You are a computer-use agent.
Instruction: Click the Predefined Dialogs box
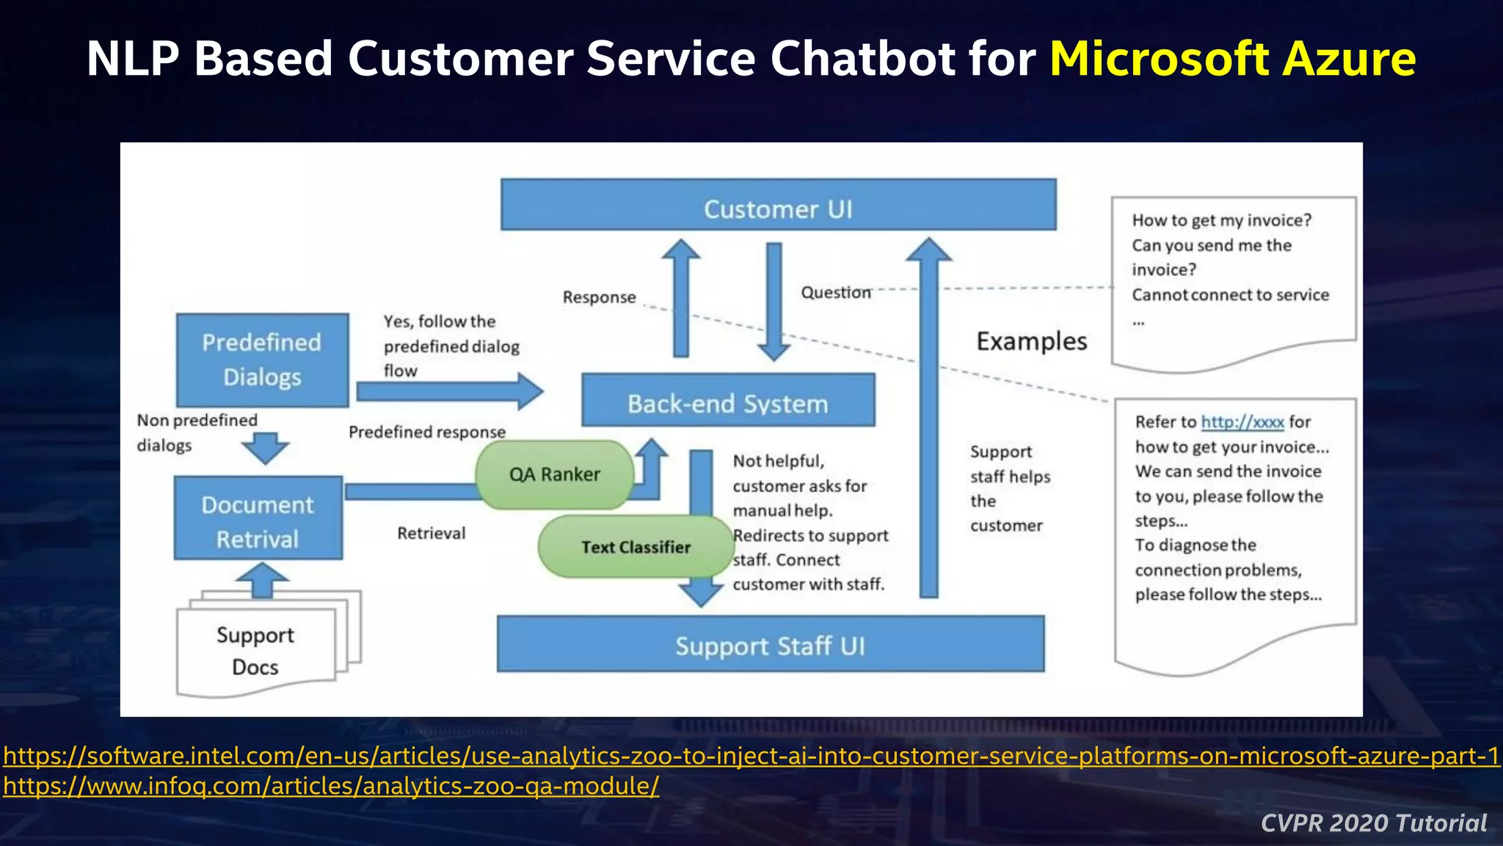pos(262,360)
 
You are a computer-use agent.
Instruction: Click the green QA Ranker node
pos(554,474)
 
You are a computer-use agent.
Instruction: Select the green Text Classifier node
pos(636,547)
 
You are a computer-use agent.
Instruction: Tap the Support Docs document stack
pos(255,651)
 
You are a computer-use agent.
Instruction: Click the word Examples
pos(1031,341)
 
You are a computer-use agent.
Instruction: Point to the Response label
pos(599,297)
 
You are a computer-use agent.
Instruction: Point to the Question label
pos(835,292)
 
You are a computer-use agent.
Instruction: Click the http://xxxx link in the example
pos(1242,422)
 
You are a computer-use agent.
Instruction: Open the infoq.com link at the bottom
pos(331,787)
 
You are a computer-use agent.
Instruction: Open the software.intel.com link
pos(751,756)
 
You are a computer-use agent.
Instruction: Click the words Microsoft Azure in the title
pos(1232,59)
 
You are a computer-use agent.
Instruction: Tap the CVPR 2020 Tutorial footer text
pos(1373,823)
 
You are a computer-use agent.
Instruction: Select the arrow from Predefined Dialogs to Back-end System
pos(449,391)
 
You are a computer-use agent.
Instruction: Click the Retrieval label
pos(431,533)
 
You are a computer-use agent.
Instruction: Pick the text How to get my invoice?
pos(1221,220)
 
